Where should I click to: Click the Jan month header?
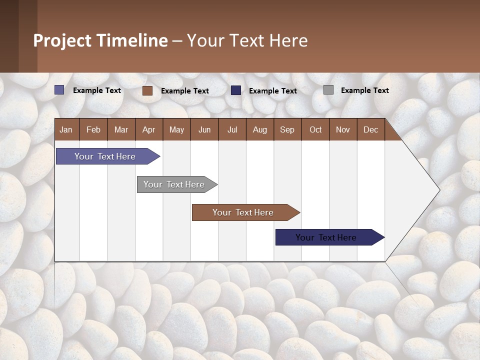tap(66, 129)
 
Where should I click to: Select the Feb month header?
tap(93, 129)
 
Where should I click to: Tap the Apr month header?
tap(149, 129)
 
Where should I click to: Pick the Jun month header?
tap(204, 129)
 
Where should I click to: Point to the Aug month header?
tap(260, 129)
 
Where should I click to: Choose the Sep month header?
tap(287, 129)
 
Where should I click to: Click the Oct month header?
tap(315, 129)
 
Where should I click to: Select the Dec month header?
tap(371, 129)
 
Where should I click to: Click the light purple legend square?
tap(59, 90)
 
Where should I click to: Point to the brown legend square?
tap(147, 90)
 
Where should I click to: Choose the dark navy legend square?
tap(236, 90)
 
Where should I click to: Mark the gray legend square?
tap(328, 90)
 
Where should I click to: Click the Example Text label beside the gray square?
tap(364, 90)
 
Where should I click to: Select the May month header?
tap(176, 129)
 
